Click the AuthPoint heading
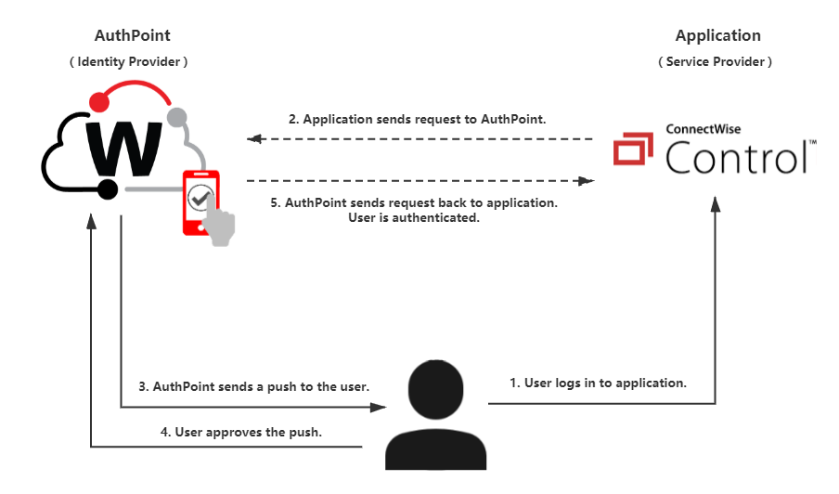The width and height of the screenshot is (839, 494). click(x=132, y=36)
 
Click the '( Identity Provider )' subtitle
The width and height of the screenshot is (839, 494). click(x=129, y=62)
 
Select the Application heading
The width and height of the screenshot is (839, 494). click(x=716, y=36)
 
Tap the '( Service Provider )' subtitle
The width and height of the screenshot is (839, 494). click(x=716, y=62)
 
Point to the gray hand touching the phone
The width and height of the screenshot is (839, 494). click(x=220, y=226)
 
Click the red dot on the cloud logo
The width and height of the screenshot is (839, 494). click(x=97, y=99)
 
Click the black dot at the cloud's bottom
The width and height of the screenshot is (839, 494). click(x=108, y=189)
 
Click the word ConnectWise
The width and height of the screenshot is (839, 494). click(x=703, y=130)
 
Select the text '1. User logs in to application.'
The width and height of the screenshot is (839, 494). click(x=599, y=382)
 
